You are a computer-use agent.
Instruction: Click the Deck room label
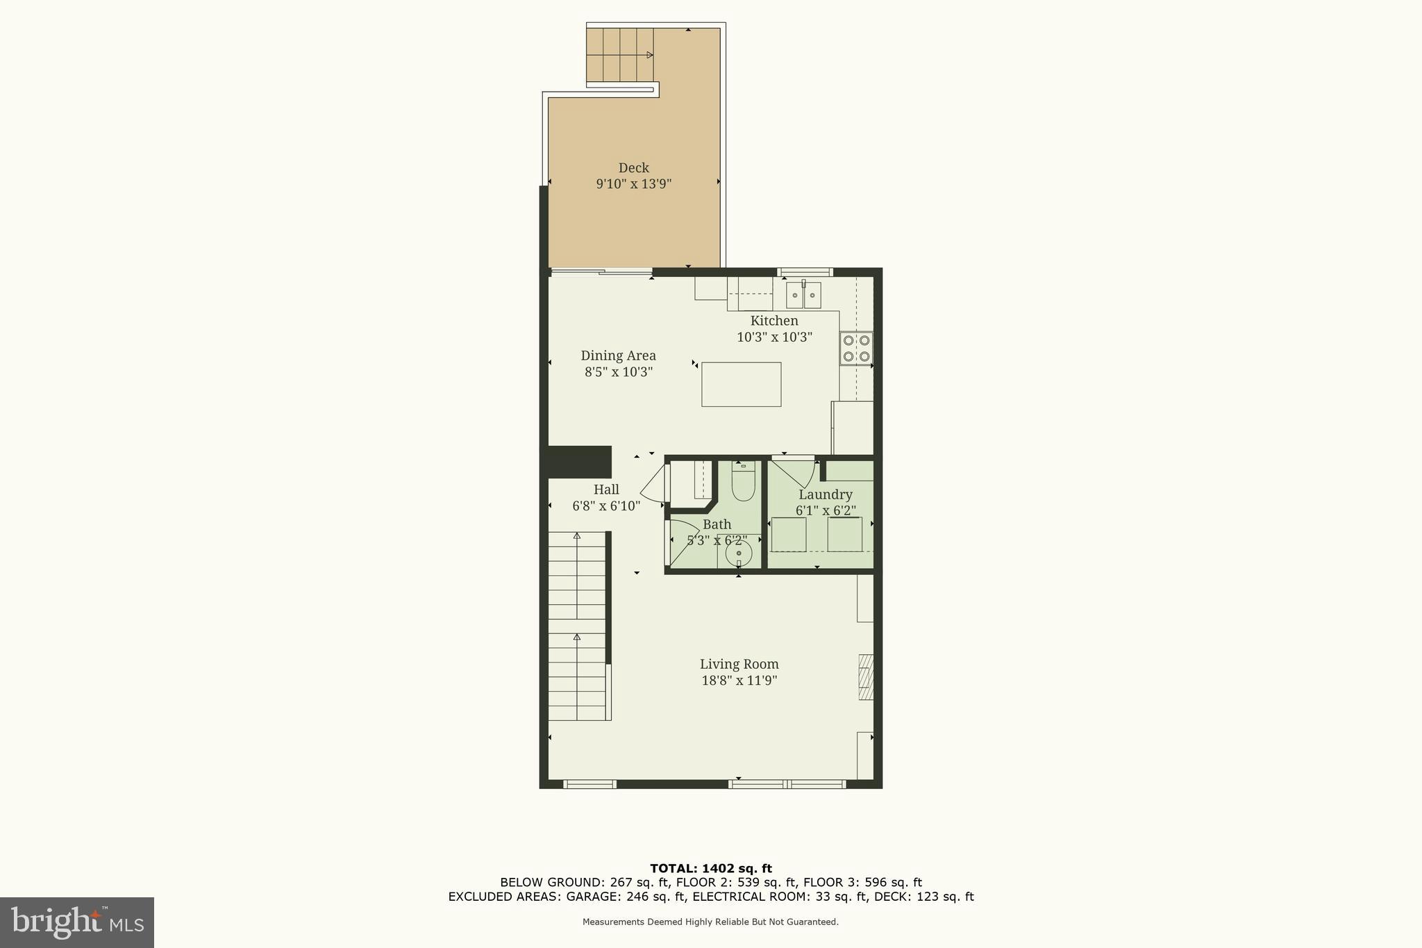coord(633,167)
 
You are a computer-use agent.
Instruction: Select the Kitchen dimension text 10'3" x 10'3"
coord(774,337)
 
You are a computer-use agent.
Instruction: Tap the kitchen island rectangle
coord(741,384)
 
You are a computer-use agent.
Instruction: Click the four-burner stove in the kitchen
coord(856,349)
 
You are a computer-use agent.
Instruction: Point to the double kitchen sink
coord(803,295)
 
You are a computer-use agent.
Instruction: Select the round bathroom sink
coord(739,554)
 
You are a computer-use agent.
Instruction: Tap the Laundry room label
coord(825,494)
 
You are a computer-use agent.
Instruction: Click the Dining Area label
coord(618,356)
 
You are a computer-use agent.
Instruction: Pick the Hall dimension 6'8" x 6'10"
coord(606,506)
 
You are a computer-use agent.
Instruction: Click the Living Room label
coord(739,664)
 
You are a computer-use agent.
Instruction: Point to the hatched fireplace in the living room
coord(865,676)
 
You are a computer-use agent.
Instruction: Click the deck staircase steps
coord(619,55)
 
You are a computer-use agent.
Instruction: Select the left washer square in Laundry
coord(789,534)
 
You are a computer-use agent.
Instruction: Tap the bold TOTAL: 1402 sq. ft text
coord(710,868)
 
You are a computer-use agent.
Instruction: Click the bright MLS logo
coord(77,922)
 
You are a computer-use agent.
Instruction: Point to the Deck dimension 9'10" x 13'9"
coord(633,184)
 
